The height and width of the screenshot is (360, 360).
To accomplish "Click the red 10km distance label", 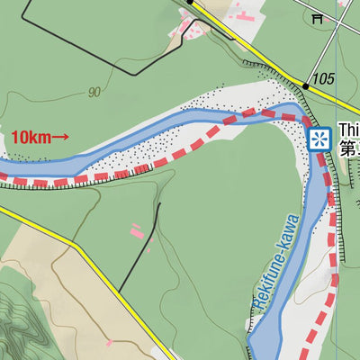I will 31,138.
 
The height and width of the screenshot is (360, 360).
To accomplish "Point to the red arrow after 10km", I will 59,138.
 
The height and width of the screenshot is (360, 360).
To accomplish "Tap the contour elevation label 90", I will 94,92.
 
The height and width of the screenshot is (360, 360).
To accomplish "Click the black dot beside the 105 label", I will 307,85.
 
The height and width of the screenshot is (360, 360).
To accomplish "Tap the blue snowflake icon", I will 319,139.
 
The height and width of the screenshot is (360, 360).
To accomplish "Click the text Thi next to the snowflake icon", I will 349,130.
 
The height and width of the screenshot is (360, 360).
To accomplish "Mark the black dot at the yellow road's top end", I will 192,3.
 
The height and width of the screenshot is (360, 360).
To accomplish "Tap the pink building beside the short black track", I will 137,231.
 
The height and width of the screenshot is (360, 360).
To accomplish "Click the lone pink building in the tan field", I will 109,343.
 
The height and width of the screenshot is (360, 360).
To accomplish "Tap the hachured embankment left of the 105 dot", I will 270,69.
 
